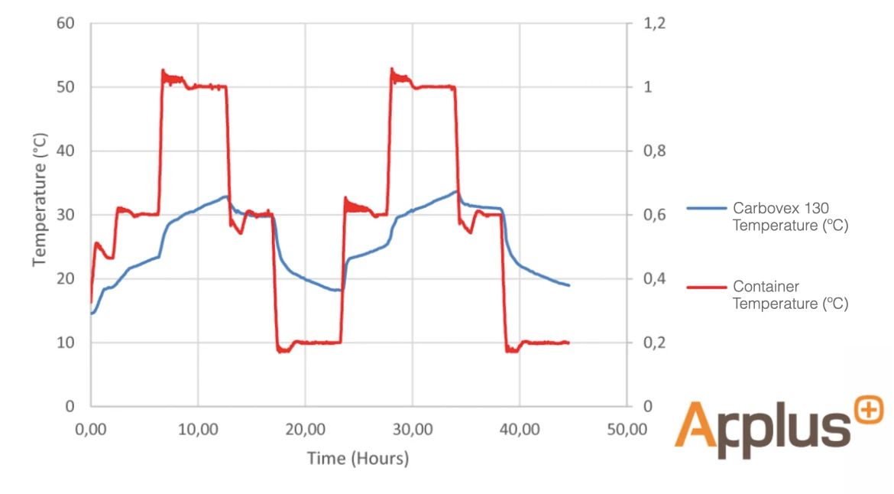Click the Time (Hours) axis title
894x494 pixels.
358,459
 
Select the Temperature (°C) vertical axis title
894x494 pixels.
40,200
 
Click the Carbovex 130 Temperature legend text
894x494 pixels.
790,217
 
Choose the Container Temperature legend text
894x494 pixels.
790,295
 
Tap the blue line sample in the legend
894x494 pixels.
706,208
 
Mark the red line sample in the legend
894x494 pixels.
706,287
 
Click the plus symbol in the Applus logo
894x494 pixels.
869,411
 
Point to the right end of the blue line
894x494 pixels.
569,285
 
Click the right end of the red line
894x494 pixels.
568,343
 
